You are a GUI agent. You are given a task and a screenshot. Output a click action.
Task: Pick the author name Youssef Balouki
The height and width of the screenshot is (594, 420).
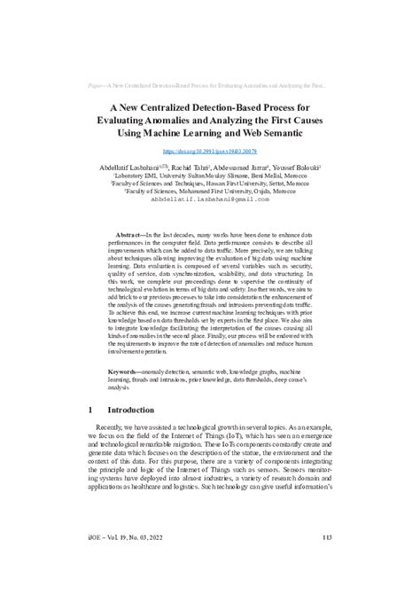point(297,168)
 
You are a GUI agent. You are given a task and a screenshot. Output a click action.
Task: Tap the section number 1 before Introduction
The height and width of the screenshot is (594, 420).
point(93,436)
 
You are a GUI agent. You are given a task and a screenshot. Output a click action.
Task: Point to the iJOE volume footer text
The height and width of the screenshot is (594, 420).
point(125,559)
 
